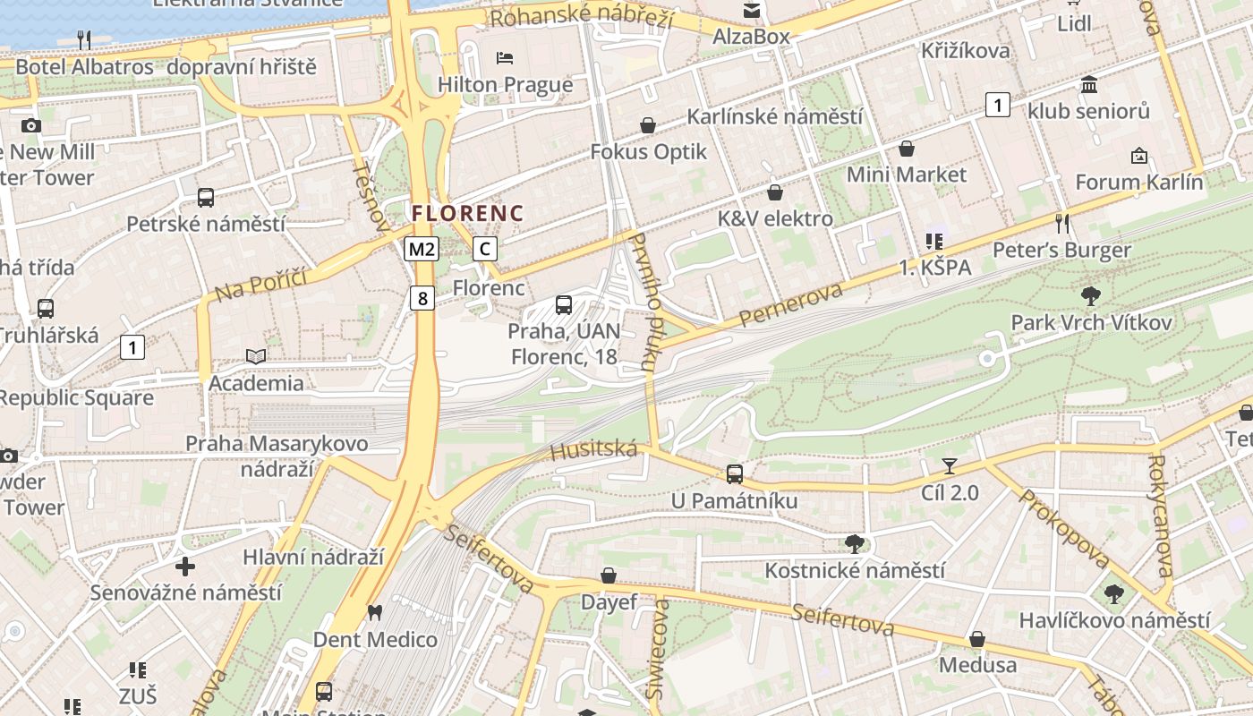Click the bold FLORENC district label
[467, 213]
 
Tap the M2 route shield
[422, 249]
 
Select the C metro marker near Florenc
[484, 249]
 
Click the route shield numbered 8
[422, 297]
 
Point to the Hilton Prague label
[505, 85]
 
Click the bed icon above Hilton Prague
[505, 58]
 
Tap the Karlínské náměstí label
[774, 116]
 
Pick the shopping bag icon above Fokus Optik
[647, 126]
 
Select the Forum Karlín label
[1138, 183]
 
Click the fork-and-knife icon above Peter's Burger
[1062, 223]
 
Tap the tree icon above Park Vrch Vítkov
[1090, 295]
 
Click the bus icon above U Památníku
[734, 473]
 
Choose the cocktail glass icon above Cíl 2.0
[949, 466]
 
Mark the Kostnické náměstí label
[854, 570]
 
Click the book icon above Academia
[256, 356]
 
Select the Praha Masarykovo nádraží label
[277, 456]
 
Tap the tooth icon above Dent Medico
[374, 613]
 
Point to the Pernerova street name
[791, 305]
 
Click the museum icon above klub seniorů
[1089, 85]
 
